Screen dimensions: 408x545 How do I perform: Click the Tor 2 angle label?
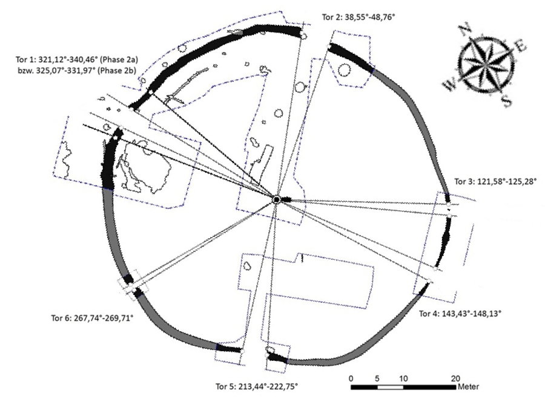[x=356, y=18]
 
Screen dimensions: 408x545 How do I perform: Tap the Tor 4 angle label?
[x=460, y=314]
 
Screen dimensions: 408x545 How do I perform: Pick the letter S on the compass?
[x=506, y=101]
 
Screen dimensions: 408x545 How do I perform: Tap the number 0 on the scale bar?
[x=352, y=378]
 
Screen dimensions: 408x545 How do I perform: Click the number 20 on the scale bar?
[x=455, y=378]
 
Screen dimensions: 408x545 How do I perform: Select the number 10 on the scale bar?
[x=403, y=378]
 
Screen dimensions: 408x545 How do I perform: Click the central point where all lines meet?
[x=276, y=199]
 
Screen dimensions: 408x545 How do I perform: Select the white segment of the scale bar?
[x=390, y=386]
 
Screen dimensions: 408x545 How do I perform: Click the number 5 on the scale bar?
[x=377, y=378]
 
